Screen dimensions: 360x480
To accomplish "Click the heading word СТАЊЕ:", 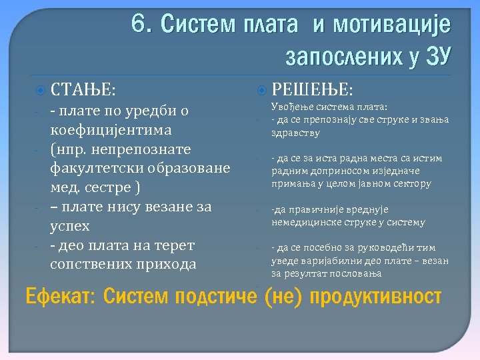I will pyautogui.click(x=83, y=89).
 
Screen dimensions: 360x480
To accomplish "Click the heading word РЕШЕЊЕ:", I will pyautogui.click(x=313, y=89).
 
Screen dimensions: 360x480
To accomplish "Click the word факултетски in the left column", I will pyautogui.click(x=93, y=168).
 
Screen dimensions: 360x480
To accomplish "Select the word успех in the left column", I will pyautogui.click(x=70, y=226).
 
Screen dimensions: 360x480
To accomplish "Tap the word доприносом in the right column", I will pyautogui.click(x=331, y=171).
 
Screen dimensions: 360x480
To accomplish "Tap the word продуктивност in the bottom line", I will pyautogui.click(x=376, y=295).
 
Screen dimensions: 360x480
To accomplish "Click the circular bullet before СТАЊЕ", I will pyautogui.click(x=41, y=89).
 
